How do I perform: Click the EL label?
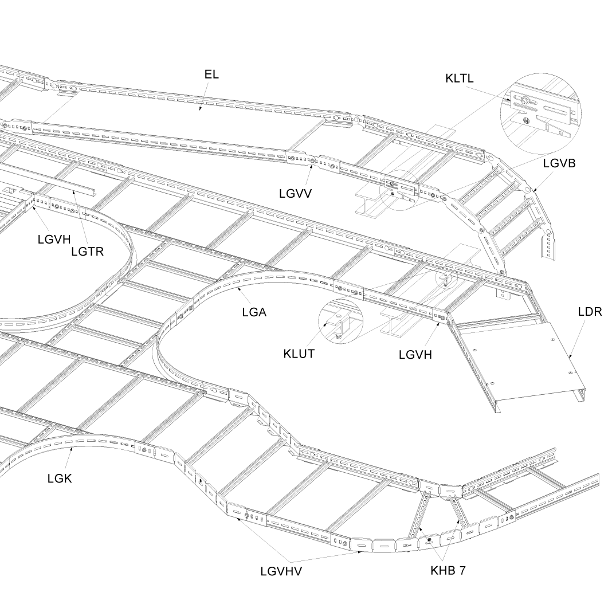211,74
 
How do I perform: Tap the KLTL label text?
460,79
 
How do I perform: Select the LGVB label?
559,163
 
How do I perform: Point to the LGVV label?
296,193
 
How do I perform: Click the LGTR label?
87,251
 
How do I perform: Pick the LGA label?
254,312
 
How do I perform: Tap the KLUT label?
299,353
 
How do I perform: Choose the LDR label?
590,312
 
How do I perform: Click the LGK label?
60,478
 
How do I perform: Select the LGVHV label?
281,571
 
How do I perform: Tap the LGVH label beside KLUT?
415,355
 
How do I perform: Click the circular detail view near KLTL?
540,112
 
